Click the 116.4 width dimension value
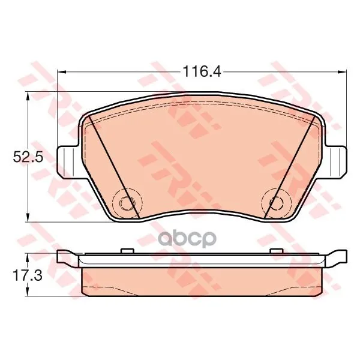click(x=202, y=71)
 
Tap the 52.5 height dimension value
click(x=28, y=157)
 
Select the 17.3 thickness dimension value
click(x=28, y=275)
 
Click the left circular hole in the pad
click(x=125, y=203)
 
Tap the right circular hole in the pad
click(x=276, y=203)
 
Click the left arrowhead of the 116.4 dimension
click(x=62, y=72)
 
